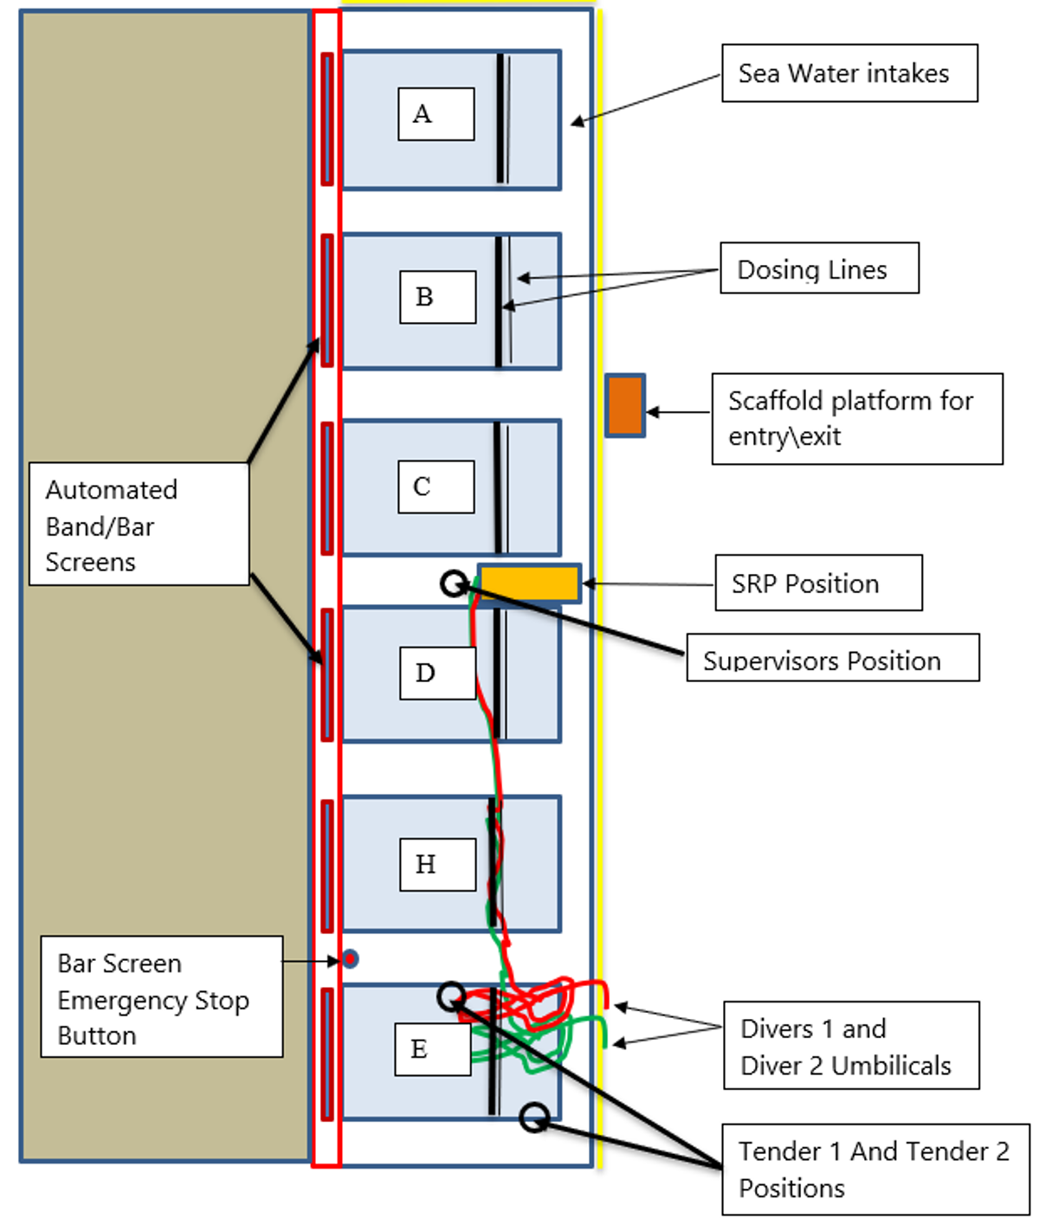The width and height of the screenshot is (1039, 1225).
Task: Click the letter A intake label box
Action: (436, 113)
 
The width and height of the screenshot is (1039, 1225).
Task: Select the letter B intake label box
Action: (437, 297)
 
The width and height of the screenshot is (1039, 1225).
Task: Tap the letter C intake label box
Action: (436, 487)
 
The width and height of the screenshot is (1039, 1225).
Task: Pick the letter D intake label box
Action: (437, 673)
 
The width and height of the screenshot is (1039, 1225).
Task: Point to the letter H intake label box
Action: (437, 864)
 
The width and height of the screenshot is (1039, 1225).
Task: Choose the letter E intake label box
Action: (432, 1049)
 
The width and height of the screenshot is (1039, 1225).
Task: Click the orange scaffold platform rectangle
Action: (624, 405)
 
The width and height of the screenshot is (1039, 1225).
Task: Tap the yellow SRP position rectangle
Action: (529, 583)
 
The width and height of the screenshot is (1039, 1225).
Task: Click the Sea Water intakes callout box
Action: (849, 74)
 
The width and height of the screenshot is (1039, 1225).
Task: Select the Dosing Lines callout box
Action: (819, 268)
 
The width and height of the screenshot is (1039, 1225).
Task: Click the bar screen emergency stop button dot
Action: (350, 958)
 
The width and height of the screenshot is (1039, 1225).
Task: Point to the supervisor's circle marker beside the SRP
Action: (454, 583)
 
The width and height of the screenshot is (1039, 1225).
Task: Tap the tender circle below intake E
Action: (534, 1118)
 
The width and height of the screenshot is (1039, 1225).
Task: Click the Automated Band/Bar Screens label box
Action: (139, 525)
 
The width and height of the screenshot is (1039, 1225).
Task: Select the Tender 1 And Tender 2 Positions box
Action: (874, 1169)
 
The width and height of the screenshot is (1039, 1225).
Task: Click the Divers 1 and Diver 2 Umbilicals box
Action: (850, 1046)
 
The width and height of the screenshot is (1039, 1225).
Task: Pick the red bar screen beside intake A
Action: (327, 119)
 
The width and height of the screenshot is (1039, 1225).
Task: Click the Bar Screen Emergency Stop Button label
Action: (161, 997)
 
